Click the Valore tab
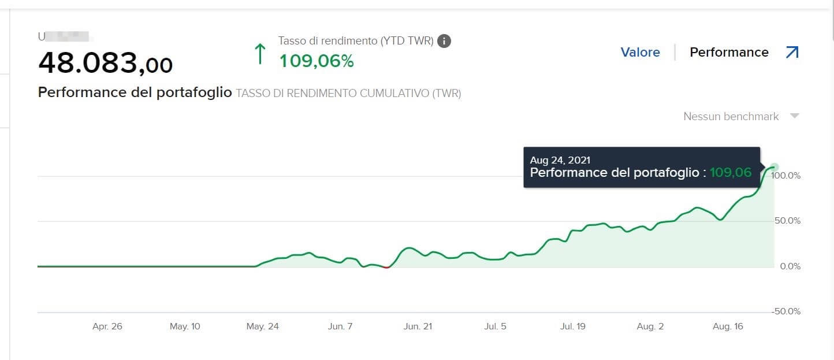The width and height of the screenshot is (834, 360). tap(640, 53)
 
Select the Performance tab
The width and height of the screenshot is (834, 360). tap(729, 53)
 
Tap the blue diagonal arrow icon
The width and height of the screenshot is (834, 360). tap(792, 53)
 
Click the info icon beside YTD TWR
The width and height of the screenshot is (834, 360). tap(444, 41)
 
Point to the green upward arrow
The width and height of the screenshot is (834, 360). tap(260, 54)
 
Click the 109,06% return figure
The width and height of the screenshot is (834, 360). tap(317, 61)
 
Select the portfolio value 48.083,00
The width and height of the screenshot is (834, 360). tap(105, 63)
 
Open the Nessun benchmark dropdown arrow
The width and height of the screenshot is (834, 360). tap(795, 116)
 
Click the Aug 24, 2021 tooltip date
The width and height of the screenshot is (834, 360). tap(560, 160)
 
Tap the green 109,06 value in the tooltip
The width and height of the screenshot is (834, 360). tap(731, 172)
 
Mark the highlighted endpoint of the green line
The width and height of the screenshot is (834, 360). tap(775, 167)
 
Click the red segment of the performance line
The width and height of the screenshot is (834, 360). tap(386, 267)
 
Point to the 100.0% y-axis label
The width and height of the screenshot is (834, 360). tap(786, 176)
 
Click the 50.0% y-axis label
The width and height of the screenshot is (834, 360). tap(786, 221)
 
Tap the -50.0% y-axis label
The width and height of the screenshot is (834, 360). tap(786, 311)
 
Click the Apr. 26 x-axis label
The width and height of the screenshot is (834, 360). tap(107, 326)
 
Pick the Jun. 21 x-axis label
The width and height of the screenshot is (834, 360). tap(418, 326)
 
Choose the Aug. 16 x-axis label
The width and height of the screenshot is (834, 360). tap(728, 326)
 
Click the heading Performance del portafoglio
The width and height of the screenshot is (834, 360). tap(135, 92)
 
